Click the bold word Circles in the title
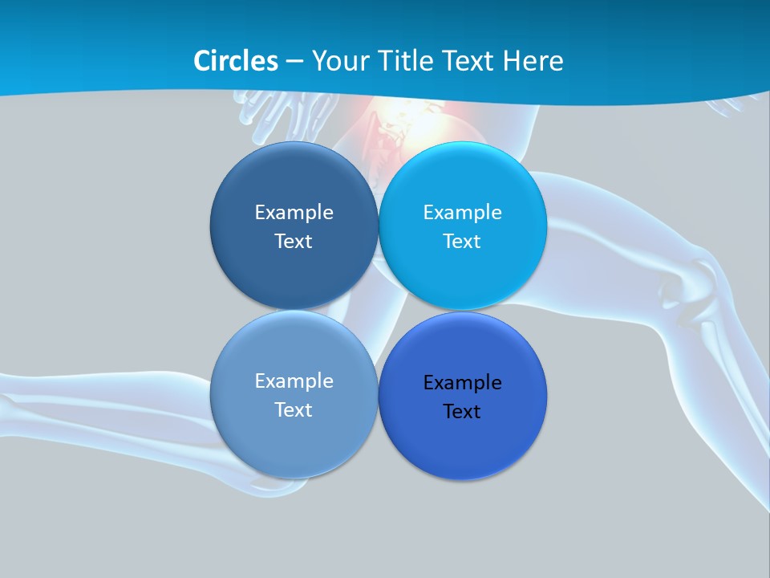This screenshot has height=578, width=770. point(236,61)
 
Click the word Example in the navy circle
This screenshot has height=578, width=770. point(294,212)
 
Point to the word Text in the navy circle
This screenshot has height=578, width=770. point(294,241)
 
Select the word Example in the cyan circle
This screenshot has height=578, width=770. point(462,212)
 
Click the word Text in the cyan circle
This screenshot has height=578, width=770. point(462,241)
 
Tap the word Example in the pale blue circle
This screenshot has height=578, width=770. point(294,381)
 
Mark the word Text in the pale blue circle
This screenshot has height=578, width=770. point(294,409)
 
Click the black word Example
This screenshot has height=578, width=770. point(462,382)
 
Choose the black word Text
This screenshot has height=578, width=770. point(462,411)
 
